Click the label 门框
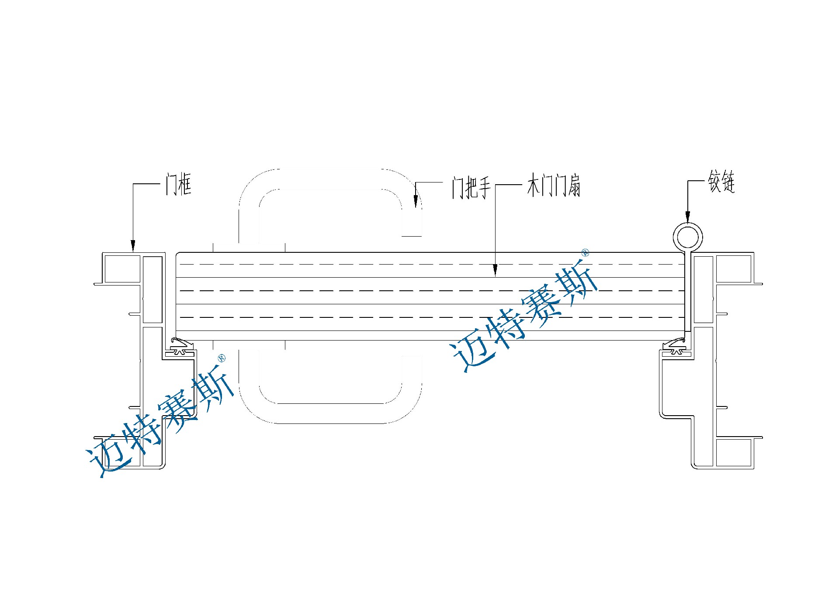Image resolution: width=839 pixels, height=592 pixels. [178, 184]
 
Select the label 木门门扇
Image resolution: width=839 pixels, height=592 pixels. [554, 186]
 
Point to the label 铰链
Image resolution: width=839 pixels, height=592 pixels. [721, 181]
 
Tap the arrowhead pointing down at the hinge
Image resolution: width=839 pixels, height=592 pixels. [687, 217]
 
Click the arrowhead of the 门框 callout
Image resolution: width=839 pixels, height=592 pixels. [133, 246]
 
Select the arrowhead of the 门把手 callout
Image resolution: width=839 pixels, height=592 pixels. [416, 202]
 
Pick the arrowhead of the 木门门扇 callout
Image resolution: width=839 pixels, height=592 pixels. [495, 270]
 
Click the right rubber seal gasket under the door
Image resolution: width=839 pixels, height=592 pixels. [676, 347]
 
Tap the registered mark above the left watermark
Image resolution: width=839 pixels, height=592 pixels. [222, 358]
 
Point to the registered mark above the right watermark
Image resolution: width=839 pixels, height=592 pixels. [586, 252]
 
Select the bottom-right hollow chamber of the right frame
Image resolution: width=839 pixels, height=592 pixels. [734, 453]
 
